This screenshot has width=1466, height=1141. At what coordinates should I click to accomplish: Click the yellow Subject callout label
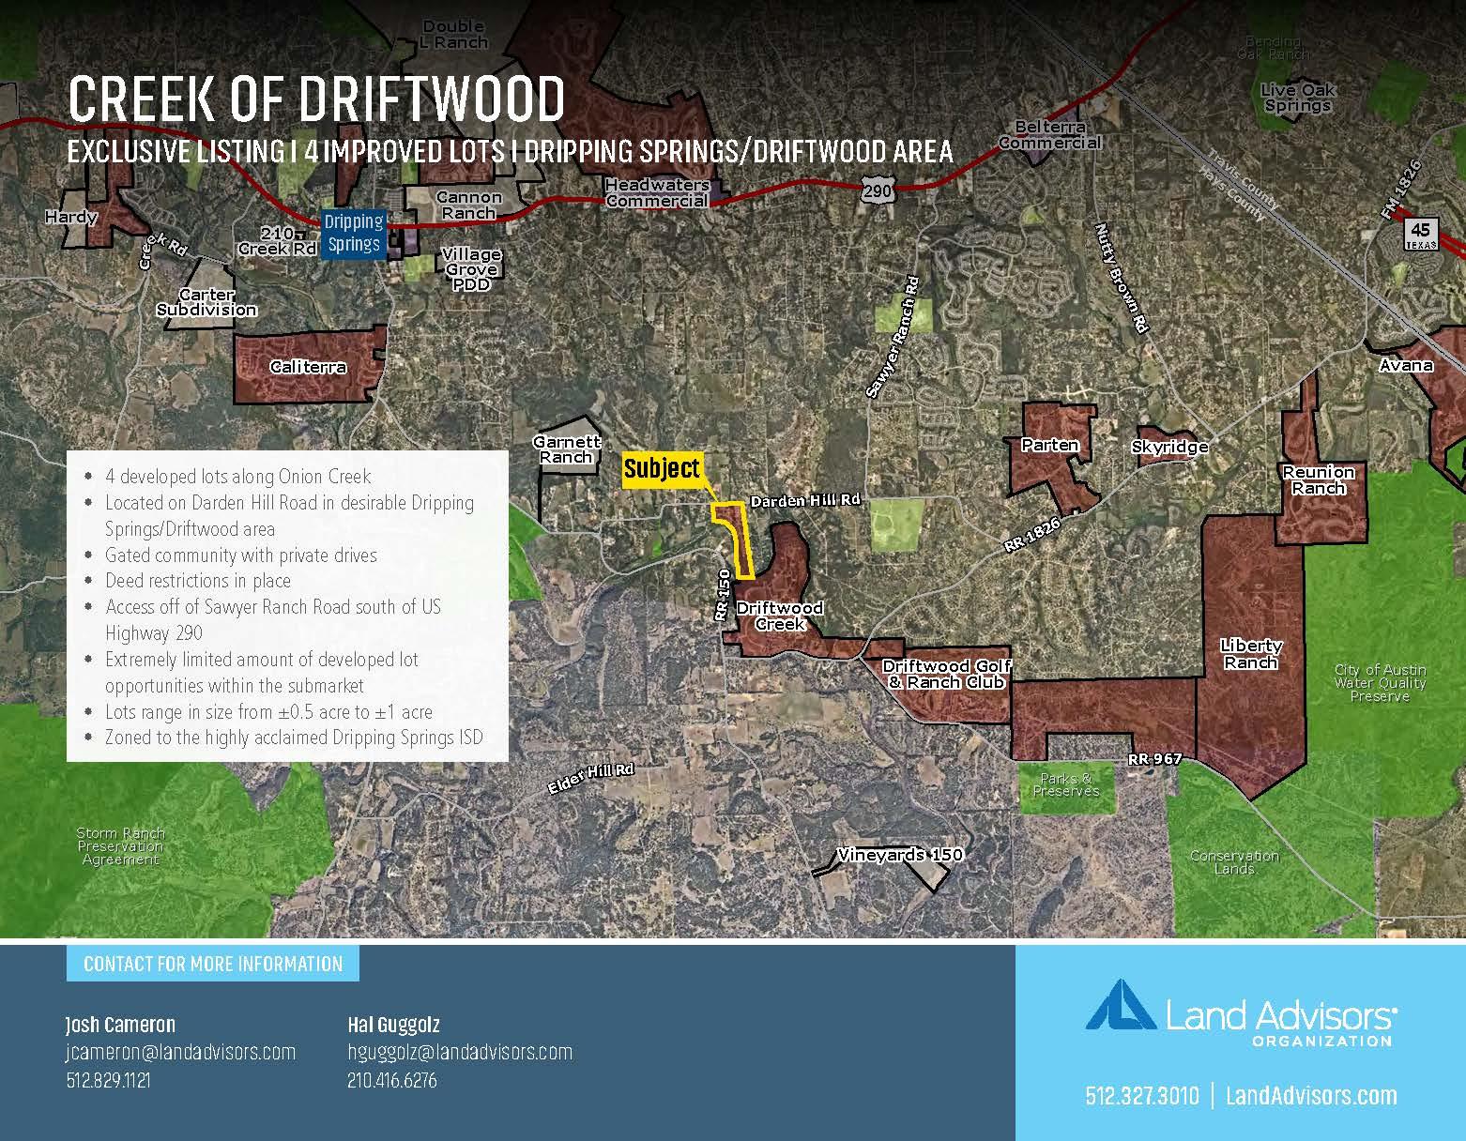click(x=662, y=469)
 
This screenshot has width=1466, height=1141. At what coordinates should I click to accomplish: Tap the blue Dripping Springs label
click(x=353, y=233)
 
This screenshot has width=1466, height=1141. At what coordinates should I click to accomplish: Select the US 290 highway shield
click(x=876, y=190)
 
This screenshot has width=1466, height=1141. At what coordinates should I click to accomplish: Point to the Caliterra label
click(x=308, y=367)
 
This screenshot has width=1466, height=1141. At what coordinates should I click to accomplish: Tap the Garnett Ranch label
click(x=567, y=449)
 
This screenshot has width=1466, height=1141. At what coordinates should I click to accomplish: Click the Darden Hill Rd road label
click(x=805, y=501)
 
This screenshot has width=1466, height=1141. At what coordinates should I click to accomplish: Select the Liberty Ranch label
click(x=1250, y=653)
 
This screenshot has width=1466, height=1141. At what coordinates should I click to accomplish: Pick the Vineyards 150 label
click(x=900, y=855)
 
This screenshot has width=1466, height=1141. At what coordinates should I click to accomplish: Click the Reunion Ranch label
click(x=1318, y=479)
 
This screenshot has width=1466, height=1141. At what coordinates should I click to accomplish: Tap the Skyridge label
click(x=1169, y=447)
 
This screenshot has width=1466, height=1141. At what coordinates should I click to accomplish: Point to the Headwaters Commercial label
click(x=656, y=193)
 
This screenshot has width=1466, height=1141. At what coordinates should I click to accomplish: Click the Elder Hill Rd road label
click(x=591, y=778)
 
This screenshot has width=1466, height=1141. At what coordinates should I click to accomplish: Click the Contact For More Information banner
click(x=213, y=964)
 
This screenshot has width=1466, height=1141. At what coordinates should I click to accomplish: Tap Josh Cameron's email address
click(x=180, y=1052)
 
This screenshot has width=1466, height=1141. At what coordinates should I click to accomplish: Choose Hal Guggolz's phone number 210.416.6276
click(x=391, y=1080)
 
